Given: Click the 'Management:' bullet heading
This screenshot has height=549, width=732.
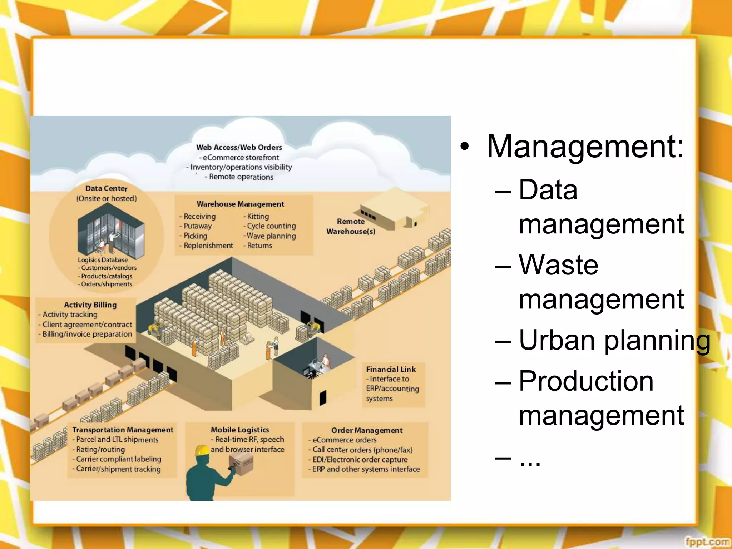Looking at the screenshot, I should [x=585, y=147].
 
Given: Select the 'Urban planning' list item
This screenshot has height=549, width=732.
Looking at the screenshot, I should [x=614, y=340].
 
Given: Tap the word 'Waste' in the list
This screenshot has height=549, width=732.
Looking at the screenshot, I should [x=558, y=265].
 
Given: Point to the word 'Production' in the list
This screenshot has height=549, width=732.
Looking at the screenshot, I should [x=586, y=381].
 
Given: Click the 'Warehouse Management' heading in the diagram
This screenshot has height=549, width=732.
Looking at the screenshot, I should [x=240, y=204].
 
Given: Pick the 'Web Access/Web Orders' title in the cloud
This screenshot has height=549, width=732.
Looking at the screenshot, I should [x=239, y=147].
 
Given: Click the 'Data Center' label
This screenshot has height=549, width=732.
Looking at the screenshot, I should [x=106, y=188].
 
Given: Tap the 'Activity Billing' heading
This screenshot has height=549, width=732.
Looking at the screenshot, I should [x=90, y=305].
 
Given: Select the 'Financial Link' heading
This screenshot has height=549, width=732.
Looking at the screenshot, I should [x=391, y=369].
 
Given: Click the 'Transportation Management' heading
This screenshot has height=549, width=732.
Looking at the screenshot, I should [x=123, y=430].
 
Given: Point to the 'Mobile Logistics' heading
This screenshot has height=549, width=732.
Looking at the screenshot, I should [x=240, y=430].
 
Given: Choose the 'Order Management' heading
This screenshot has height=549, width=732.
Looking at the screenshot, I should [x=367, y=430].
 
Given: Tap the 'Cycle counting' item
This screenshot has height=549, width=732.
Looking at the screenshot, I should [x=271, y=226].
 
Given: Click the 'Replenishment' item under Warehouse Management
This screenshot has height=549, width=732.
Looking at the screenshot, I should [x=208, y=246].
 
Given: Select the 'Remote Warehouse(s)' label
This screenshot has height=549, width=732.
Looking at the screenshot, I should [x=351, y=226].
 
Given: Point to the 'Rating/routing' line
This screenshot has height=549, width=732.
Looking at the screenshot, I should [x=100, y=449].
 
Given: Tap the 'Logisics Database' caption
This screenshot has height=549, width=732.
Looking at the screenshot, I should [x=103, y=260].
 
